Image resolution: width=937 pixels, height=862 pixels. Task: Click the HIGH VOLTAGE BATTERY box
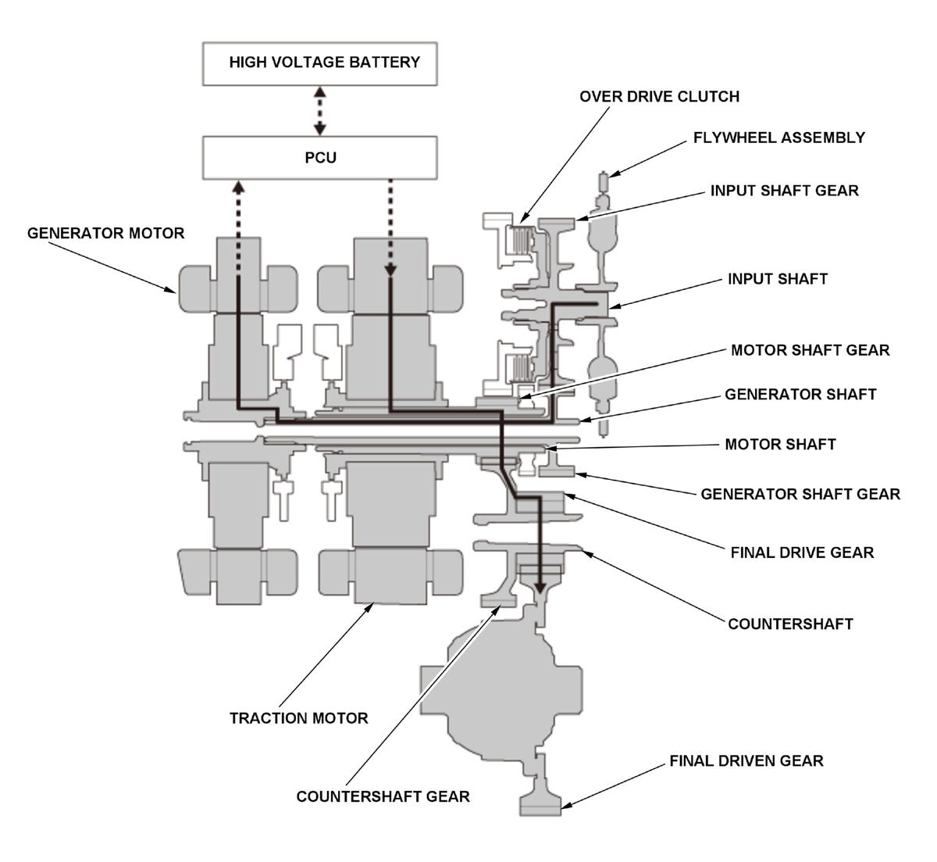(x=319, y=63)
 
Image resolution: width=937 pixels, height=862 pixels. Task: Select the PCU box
(x=319, y=158)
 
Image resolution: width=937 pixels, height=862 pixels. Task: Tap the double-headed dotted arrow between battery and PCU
(x=319, y=111)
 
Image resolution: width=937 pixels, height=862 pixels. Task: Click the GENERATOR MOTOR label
(x=106, y=233)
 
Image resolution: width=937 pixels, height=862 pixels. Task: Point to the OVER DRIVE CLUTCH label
(x=660, y=96)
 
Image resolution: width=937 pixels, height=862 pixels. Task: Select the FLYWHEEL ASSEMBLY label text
(x=779, y=138)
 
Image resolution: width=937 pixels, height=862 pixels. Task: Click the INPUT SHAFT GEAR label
(x=784, y=191)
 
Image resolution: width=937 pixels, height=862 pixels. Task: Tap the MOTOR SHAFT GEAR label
(x=810, y=350)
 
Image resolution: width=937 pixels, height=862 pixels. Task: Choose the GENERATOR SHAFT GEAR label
(x=800, y=494)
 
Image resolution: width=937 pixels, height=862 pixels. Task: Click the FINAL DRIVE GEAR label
(x=802, y=553)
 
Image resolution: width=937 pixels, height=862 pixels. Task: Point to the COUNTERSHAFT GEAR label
(x=383, y=796)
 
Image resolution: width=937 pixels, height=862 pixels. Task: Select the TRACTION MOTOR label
(x=299, y=718)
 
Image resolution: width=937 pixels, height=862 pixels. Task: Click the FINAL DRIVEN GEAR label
(x=746, y=760)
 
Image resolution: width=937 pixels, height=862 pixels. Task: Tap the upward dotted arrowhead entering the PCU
(x=238, y=187)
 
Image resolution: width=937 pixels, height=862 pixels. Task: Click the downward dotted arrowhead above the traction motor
(x=390, y=271)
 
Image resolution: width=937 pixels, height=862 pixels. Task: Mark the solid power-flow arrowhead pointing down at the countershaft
(x=540, y=588)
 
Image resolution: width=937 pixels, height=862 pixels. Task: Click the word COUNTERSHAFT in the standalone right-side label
(x=790, y=624)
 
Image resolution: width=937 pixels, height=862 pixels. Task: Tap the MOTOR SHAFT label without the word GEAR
(x=780, y=444)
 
